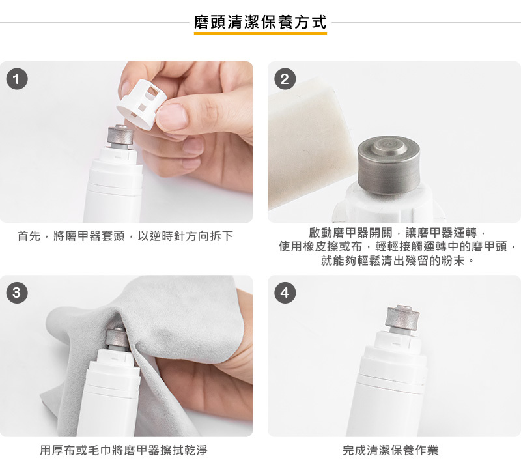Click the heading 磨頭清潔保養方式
tap(260, 22)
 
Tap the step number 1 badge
tap(17, 79)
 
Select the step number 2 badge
tap(285, 79)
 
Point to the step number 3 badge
tap(17, 293)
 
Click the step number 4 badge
tap(285, 293)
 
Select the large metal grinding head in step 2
tap(388, 165)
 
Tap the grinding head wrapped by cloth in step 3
tap(117, 337)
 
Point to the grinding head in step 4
tap(402, 317)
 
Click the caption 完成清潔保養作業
tap(390, 450)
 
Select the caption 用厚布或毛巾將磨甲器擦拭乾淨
tap(124, 450)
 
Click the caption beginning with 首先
tap(125, 236)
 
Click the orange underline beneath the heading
tap(260, 33)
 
